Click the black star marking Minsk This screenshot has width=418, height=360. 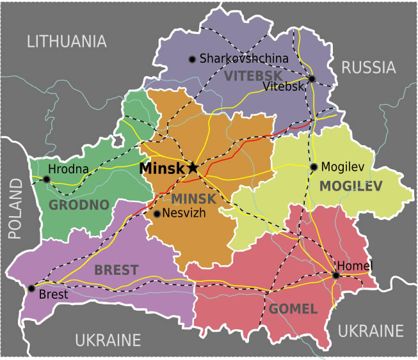point(193,168)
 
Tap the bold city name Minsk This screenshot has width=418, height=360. point(162,169)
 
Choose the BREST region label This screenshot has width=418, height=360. point(116,270)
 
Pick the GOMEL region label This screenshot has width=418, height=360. point(293,309)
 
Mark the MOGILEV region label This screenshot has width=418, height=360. point(351,186)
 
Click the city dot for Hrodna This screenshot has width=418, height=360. point(46,180)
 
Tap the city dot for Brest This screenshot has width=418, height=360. point(31,288)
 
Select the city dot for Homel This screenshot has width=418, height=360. point(335,276)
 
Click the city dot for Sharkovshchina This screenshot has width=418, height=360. point(191,59)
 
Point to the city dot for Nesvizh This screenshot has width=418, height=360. point(156,214)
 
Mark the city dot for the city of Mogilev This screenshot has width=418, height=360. point(314,167)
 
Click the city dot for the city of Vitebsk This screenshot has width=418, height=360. point(312,79)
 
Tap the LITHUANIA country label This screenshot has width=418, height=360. point(66,42)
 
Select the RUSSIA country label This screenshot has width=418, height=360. point(368,67)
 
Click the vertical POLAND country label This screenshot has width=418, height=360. point(15,208)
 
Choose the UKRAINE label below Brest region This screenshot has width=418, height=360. point(108,340)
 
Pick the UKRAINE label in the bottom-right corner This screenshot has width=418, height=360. point(371,331)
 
